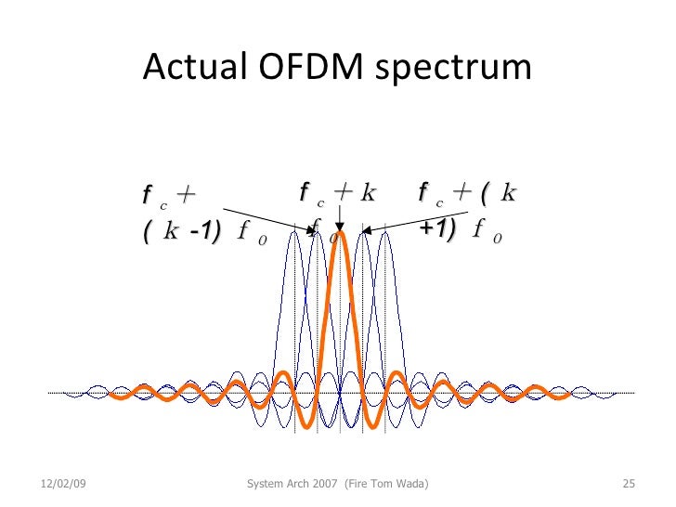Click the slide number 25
pyautogui.click(x=627, y=485)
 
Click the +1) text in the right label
pyautogui.click(x=437, y=230)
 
